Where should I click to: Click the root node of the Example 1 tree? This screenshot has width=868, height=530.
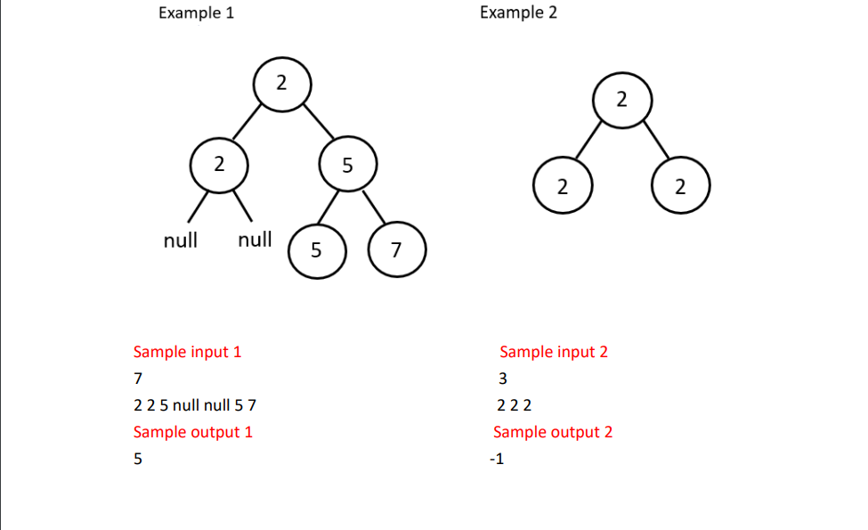(x=282, y=84)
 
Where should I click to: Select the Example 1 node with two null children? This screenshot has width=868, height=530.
(x=219, y=165)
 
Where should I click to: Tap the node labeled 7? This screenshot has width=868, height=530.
(x=397, y=250)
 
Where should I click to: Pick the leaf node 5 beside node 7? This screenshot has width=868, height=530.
(x=316, y=250)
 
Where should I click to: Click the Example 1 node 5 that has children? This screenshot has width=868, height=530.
(x=347, y=165)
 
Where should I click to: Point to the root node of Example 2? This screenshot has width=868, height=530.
(x=621, y=100)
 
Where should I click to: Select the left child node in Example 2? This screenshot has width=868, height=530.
(x=562, y=187)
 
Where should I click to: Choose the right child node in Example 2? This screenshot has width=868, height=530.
(x=680, y=187)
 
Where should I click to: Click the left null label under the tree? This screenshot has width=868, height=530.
(x=181, y=240)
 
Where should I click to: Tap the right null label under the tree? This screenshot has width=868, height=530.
(x=255, y=240)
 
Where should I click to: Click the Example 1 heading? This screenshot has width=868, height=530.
(x=196, y=13)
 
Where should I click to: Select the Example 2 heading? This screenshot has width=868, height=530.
(x=518, y=13)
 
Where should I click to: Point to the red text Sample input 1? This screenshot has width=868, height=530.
(x=187, y=352)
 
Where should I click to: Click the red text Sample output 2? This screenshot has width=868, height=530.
(x=553, y=432)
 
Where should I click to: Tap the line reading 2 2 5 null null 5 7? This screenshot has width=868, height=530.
(x=194, y=406)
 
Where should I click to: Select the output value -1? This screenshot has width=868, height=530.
(x=497, y=460)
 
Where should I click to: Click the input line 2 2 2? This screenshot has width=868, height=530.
(x=514, y=406)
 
